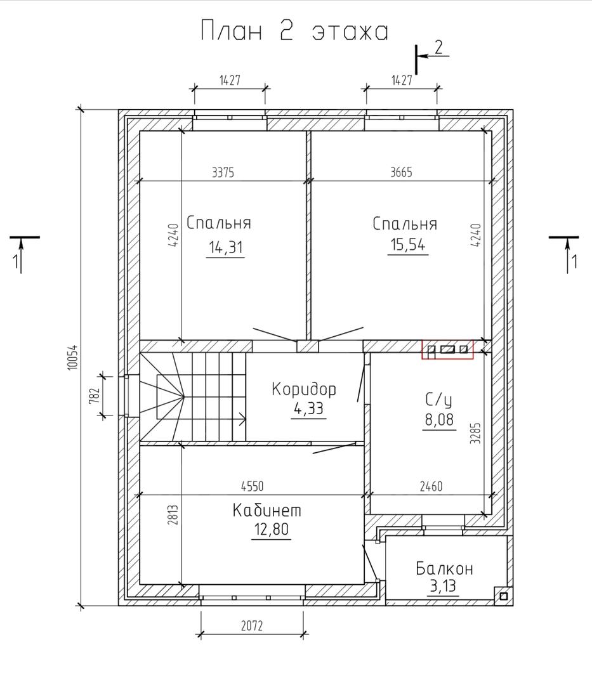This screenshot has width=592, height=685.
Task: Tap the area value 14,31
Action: click(x=225, y=247)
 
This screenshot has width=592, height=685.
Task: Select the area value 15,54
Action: click(x=408, y=245)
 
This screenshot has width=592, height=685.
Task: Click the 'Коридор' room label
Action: click(x=304, y=389)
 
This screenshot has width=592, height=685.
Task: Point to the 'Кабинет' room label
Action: click(x=267, y=510)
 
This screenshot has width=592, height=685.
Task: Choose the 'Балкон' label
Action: click(x=444, y=568)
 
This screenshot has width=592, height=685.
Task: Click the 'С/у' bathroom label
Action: click(x=438, y=400)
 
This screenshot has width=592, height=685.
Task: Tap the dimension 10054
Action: click(x=73, y=357)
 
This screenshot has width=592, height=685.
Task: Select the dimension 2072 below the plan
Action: click(x=252, y=625)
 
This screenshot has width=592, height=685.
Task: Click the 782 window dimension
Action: click(x=96, y=396)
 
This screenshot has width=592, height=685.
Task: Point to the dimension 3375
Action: click(x=223, y=173)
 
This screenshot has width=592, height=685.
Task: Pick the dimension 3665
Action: click(x=401, y=172)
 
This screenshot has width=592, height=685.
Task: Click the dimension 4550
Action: click(x=252, y=486)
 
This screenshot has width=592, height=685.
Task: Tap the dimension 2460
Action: click(x=431, y=486)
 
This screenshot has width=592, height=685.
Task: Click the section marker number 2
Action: click(x=438, y=47)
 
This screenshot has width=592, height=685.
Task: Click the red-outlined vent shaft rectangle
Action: click(x=447, y=350)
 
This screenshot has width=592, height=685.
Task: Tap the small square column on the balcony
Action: click(x=503, y=596)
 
